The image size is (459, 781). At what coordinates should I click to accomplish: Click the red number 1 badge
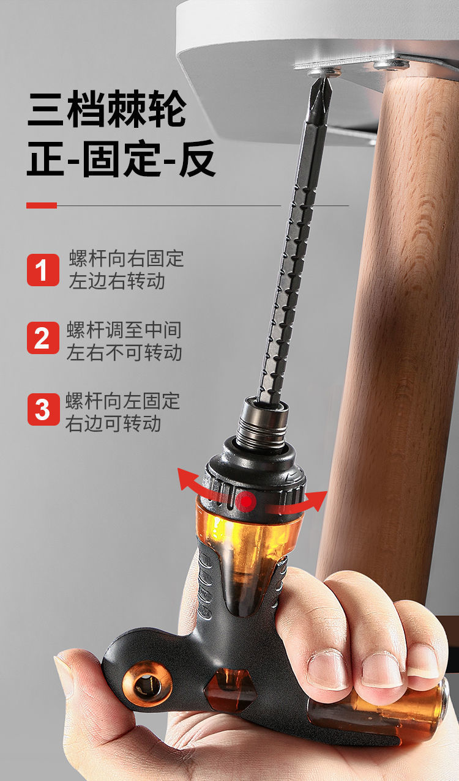(43, 270)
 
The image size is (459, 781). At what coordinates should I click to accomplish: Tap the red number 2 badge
(43, 338)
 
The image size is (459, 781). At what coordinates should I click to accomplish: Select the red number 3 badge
(43, 409)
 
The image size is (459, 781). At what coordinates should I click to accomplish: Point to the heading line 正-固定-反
(121, 158)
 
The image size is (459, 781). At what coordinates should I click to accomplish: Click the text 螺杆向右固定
(126, 258)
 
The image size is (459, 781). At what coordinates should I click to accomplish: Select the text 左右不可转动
(124, 352)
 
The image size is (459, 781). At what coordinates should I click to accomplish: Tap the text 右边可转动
(113, 424)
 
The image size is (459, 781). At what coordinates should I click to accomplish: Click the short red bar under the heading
(42, 205)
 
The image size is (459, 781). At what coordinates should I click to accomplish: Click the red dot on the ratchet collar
(246, 502)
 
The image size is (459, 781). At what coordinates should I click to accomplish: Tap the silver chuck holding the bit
(263, 423)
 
